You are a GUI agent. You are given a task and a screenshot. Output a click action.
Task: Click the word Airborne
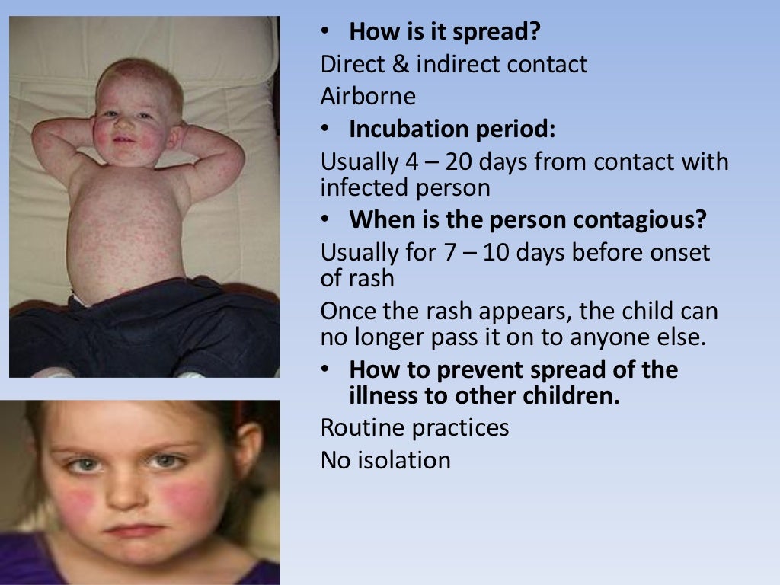(368, 97)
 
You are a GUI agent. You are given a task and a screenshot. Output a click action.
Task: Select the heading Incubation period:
(452, 129)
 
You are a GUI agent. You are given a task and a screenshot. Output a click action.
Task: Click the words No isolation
(385, 460)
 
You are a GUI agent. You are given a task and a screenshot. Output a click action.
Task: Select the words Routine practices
(414, 427)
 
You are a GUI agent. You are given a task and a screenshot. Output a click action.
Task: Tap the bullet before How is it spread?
(325, 33)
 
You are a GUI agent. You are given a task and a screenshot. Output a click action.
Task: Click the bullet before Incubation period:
(325, 130)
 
